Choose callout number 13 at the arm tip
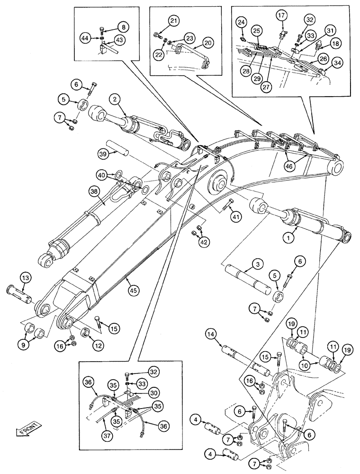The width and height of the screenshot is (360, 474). pyautogui.click(x=26, y=277)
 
